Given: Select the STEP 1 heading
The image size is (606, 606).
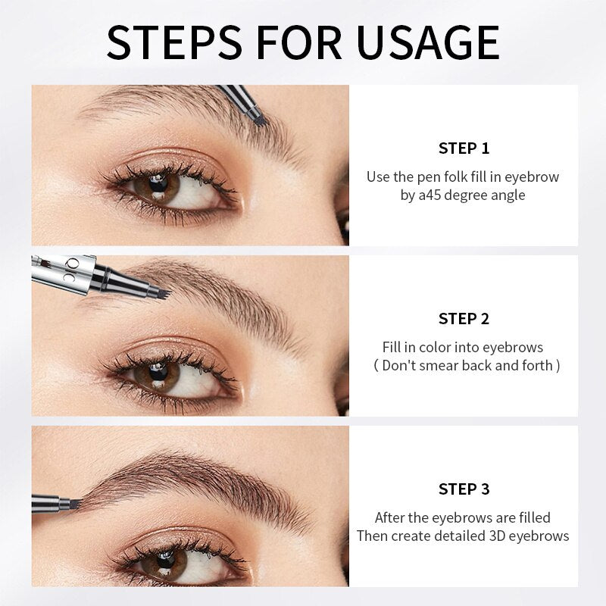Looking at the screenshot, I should tap(464, 148).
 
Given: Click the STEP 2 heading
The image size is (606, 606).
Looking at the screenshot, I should tap(464, 318).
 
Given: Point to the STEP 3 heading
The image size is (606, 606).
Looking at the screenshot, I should tap(464, 489).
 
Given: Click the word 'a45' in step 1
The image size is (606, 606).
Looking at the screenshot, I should tap(431, 195).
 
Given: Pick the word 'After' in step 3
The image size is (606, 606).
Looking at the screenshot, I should tap(392, 518).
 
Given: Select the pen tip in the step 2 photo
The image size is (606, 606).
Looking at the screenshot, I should tap(161, 289).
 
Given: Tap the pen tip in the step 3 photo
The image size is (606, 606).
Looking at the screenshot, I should tap(75, 504).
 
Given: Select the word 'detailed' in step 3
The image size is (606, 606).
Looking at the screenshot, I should tap(470, 536).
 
